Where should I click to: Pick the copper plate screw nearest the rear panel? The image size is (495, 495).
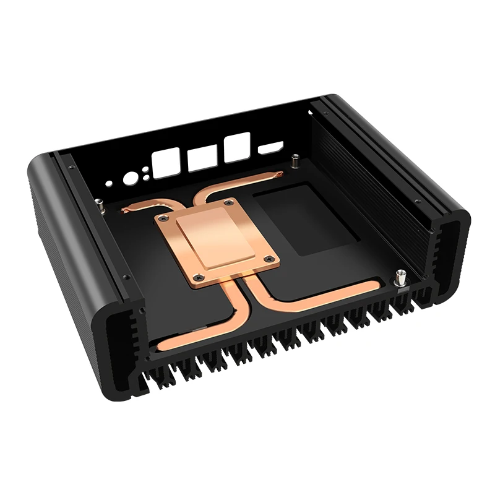230,202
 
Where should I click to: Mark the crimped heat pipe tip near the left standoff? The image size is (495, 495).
126,210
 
